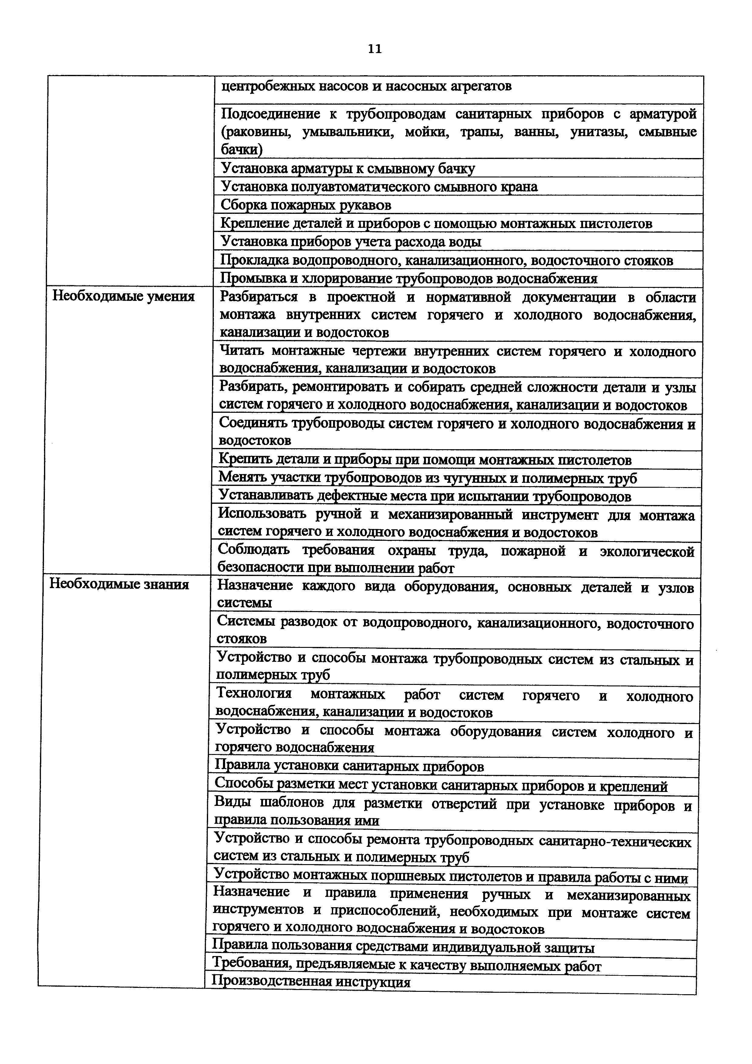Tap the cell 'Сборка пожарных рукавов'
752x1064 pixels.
pos(306,205)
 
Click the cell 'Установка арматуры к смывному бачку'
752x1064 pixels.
pos(348,168)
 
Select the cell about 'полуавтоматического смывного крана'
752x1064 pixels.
pos(379,187)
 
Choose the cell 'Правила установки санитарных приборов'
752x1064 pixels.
pos(349,766)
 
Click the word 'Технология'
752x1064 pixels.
pos(254,694)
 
